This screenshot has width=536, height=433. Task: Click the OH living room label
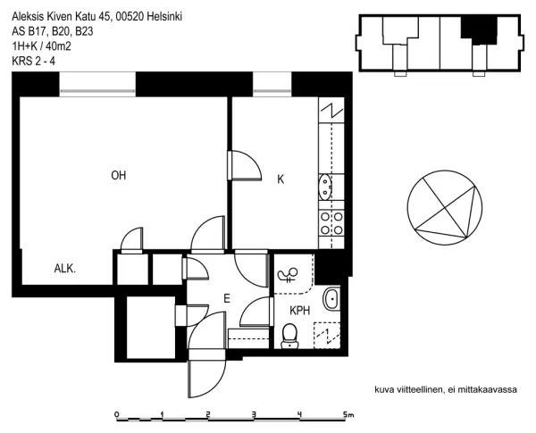pyautogui.click(x=118, y=175)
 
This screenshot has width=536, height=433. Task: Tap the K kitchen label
pyautogui.click(x=281, y=179)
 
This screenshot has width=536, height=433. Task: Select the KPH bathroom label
pyautogui.click(x=299, y=310)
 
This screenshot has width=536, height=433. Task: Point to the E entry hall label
pyautogui.click(x=227, y=300)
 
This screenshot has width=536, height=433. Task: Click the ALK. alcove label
pyautogui.click(x=64, y=268)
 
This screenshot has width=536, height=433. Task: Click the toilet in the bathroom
pyautogui.click(x=289, y=335)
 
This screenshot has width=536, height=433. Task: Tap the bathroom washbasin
pyautogui.click(x=330, y=298)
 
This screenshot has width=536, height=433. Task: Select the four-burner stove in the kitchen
pyautogui.click(x=331, y=222)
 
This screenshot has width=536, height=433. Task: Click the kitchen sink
pyautogui.click(x=325, y=187)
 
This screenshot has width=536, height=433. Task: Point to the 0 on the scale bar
pyautogui.click(x=117, y=414)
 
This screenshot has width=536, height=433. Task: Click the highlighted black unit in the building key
pyautogui.click(x=477, y=29)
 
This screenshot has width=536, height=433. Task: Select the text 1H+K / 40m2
pyautogui.click(x=42, y=46)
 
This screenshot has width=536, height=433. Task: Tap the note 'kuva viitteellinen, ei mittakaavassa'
pyautogui.click(x=447, y=389)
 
